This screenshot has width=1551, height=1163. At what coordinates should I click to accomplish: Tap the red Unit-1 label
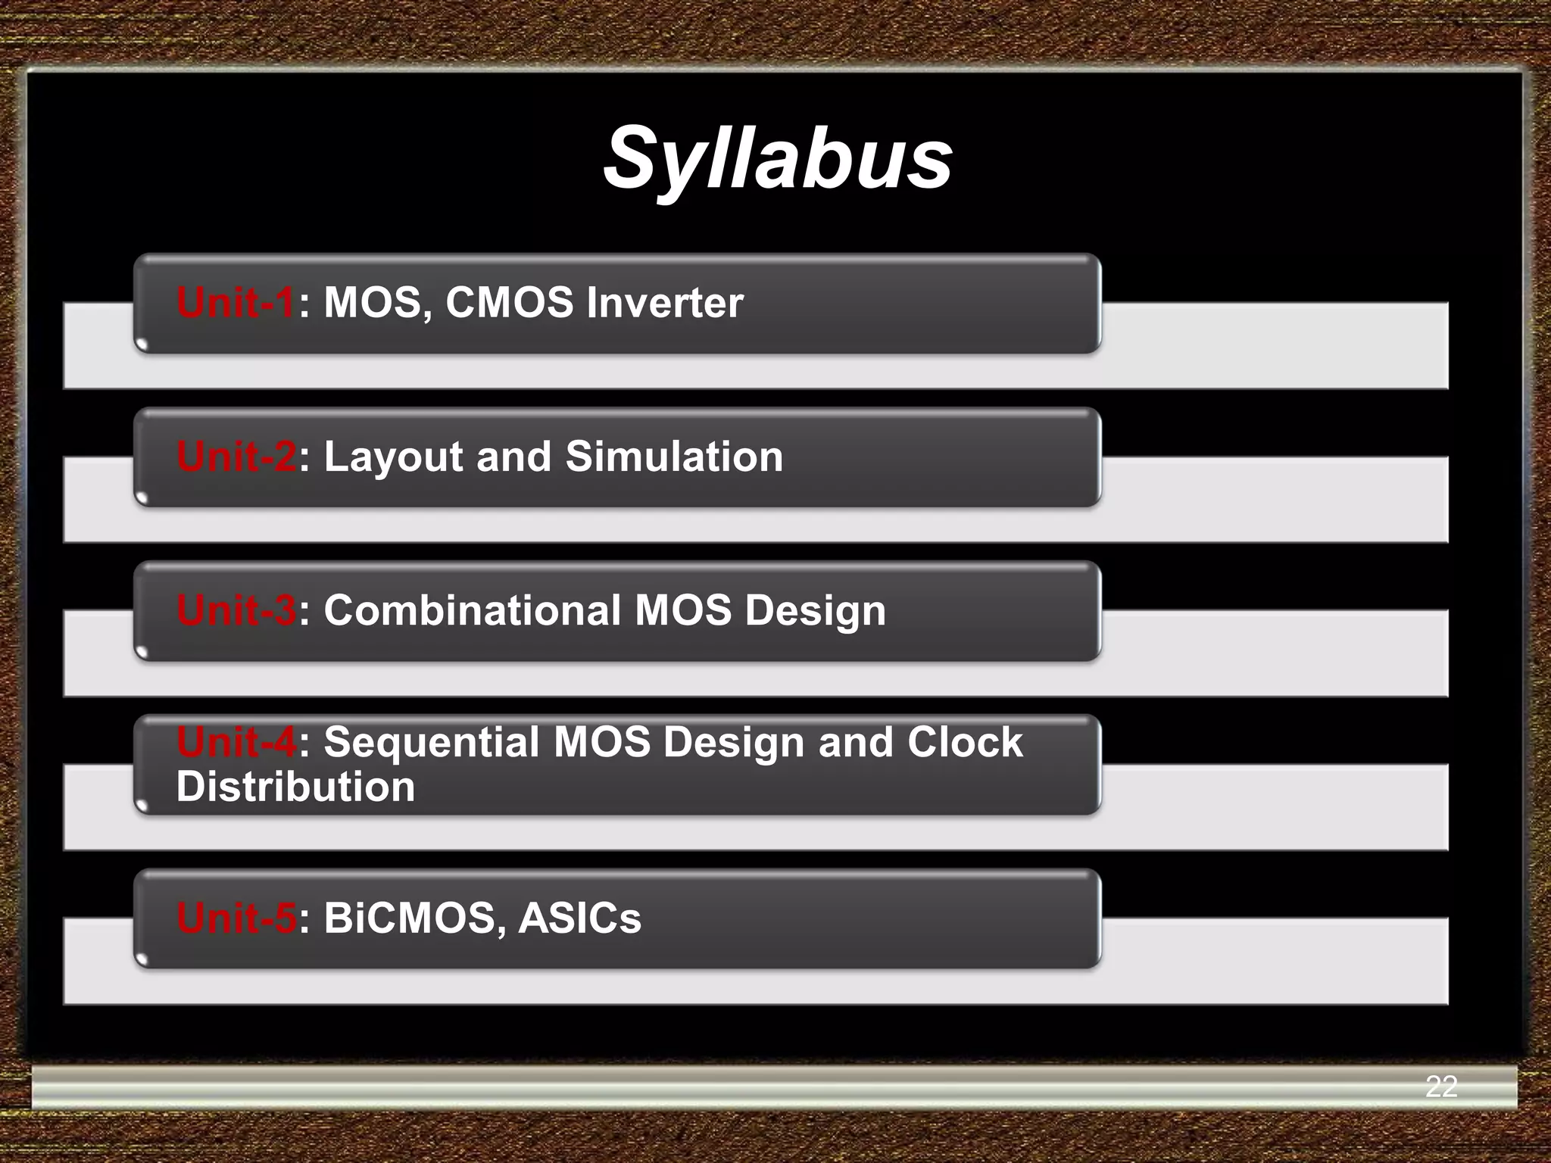pyautogui.click(x=236, y=303)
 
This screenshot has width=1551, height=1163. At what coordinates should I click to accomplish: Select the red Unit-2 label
pyautogui.click(x=236, y=457)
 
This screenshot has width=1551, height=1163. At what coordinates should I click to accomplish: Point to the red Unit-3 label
pyautogui.click(x=236, y=610)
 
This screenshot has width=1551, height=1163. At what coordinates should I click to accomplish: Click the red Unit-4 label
pyautogui.click(x=236, y=742)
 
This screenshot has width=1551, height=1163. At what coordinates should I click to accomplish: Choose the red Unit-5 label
pyautogui.click(x=236, y=918)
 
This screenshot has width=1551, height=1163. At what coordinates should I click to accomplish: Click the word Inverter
pyautogui.click(x=664, y=303)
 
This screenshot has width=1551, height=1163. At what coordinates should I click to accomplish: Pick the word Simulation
pyautogui.click(x=674, y=457)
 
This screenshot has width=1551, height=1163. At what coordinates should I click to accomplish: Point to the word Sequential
pyautogui.click(x=432, y=744)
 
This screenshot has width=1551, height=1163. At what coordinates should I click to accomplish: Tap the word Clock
pyautogui.click(x=965, y=742)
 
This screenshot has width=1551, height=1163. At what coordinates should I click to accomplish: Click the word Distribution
pyautogui.click(x=295, y=787)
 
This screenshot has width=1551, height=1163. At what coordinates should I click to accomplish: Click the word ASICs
pyautogui.click(x=579, y=918)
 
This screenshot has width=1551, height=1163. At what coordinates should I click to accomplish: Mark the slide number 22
pyautogui.click(x=1440, y=1087)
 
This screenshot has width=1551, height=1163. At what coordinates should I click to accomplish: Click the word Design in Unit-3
pyautogui.click(x=815, y=612)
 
